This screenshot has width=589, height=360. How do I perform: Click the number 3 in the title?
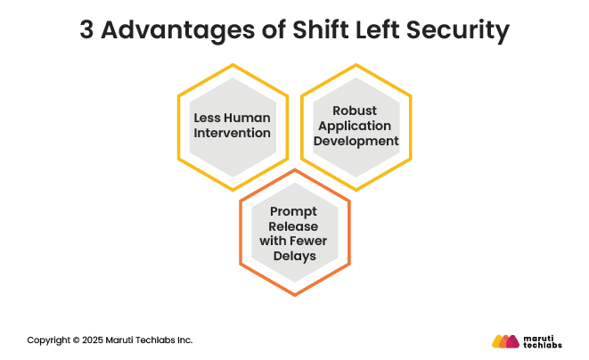(86, 30)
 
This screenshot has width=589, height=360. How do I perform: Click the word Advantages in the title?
(168, 30)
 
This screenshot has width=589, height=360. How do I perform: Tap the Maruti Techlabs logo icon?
(506, 340)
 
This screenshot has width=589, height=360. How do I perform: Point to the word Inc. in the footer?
(184, 340)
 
